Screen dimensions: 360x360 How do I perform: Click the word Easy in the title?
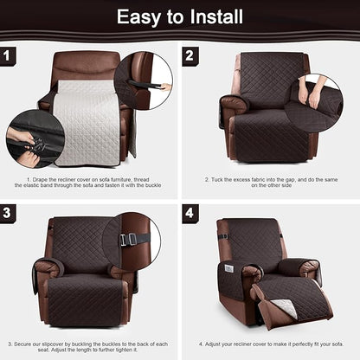(139, 16)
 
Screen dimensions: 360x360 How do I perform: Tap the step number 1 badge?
(10, 56)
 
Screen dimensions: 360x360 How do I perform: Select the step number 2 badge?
(190, 56)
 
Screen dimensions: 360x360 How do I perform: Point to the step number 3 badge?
(10, 213)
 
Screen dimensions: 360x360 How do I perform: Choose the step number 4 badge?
(190, 213)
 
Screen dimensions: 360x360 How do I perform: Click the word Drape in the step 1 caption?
(40, 179)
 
